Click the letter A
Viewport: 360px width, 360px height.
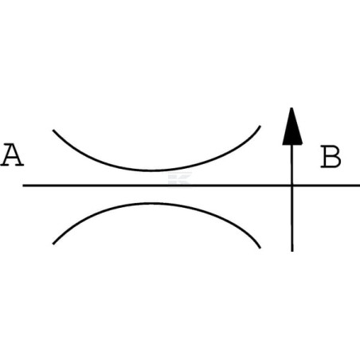12,155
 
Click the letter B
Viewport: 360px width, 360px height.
331,156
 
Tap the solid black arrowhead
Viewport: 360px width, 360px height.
292,127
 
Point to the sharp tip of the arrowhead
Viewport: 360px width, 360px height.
292,108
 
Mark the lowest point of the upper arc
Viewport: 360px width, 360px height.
151,170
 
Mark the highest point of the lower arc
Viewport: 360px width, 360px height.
153,204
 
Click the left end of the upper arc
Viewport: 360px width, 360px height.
53,131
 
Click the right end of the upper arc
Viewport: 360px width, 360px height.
260,126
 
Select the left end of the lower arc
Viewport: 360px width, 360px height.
53,244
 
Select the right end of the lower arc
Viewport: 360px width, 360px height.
260,248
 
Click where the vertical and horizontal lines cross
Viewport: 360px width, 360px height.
292,186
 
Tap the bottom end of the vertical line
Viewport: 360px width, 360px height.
292,251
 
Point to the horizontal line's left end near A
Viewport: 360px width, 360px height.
23,186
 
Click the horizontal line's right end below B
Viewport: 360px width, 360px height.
359,186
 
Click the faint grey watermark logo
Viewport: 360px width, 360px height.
179,178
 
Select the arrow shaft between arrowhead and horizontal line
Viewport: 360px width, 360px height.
292,165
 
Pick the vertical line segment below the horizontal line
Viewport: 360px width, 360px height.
292,219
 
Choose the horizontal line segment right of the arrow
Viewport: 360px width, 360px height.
327,186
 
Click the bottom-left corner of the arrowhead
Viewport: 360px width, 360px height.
283,145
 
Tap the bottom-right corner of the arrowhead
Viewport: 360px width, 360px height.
303,145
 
